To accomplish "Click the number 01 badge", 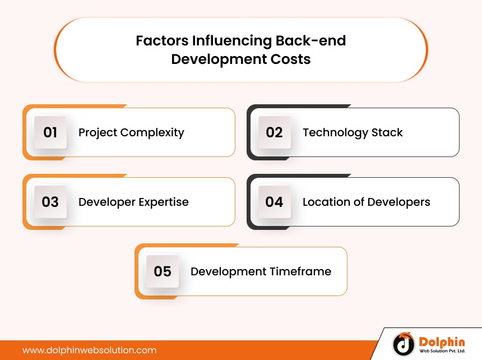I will click(50, 133).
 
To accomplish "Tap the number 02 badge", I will click(274, 133).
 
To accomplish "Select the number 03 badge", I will click(50, 202).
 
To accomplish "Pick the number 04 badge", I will click(274, 202).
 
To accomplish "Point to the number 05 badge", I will click(163, 272).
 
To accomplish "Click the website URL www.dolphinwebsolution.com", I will click(89, 350).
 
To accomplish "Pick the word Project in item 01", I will click(98, 133).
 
